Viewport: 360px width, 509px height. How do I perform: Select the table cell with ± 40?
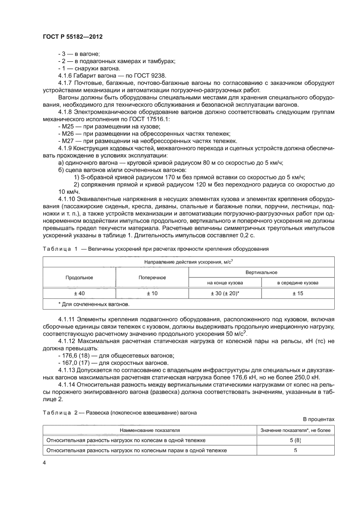pos(79,294)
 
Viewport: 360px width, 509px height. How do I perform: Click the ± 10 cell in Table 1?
pos(152,294)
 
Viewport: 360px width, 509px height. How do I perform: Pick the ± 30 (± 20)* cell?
pos(224,294)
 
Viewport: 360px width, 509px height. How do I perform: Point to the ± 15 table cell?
pos(298,294)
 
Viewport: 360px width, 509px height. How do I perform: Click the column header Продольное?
pos(79,277)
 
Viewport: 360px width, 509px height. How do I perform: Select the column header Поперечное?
pos(152,277)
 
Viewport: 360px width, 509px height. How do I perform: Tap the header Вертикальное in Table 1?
pos(261,272)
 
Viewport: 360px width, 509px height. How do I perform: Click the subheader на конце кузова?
pos(224,283)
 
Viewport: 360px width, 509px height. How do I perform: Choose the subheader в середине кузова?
pos(298,283)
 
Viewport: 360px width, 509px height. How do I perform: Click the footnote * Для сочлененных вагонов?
pos(88,304)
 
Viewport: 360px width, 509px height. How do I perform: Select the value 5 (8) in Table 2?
pos(295,440)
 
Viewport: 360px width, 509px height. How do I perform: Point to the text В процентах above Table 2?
pos(319,419)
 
